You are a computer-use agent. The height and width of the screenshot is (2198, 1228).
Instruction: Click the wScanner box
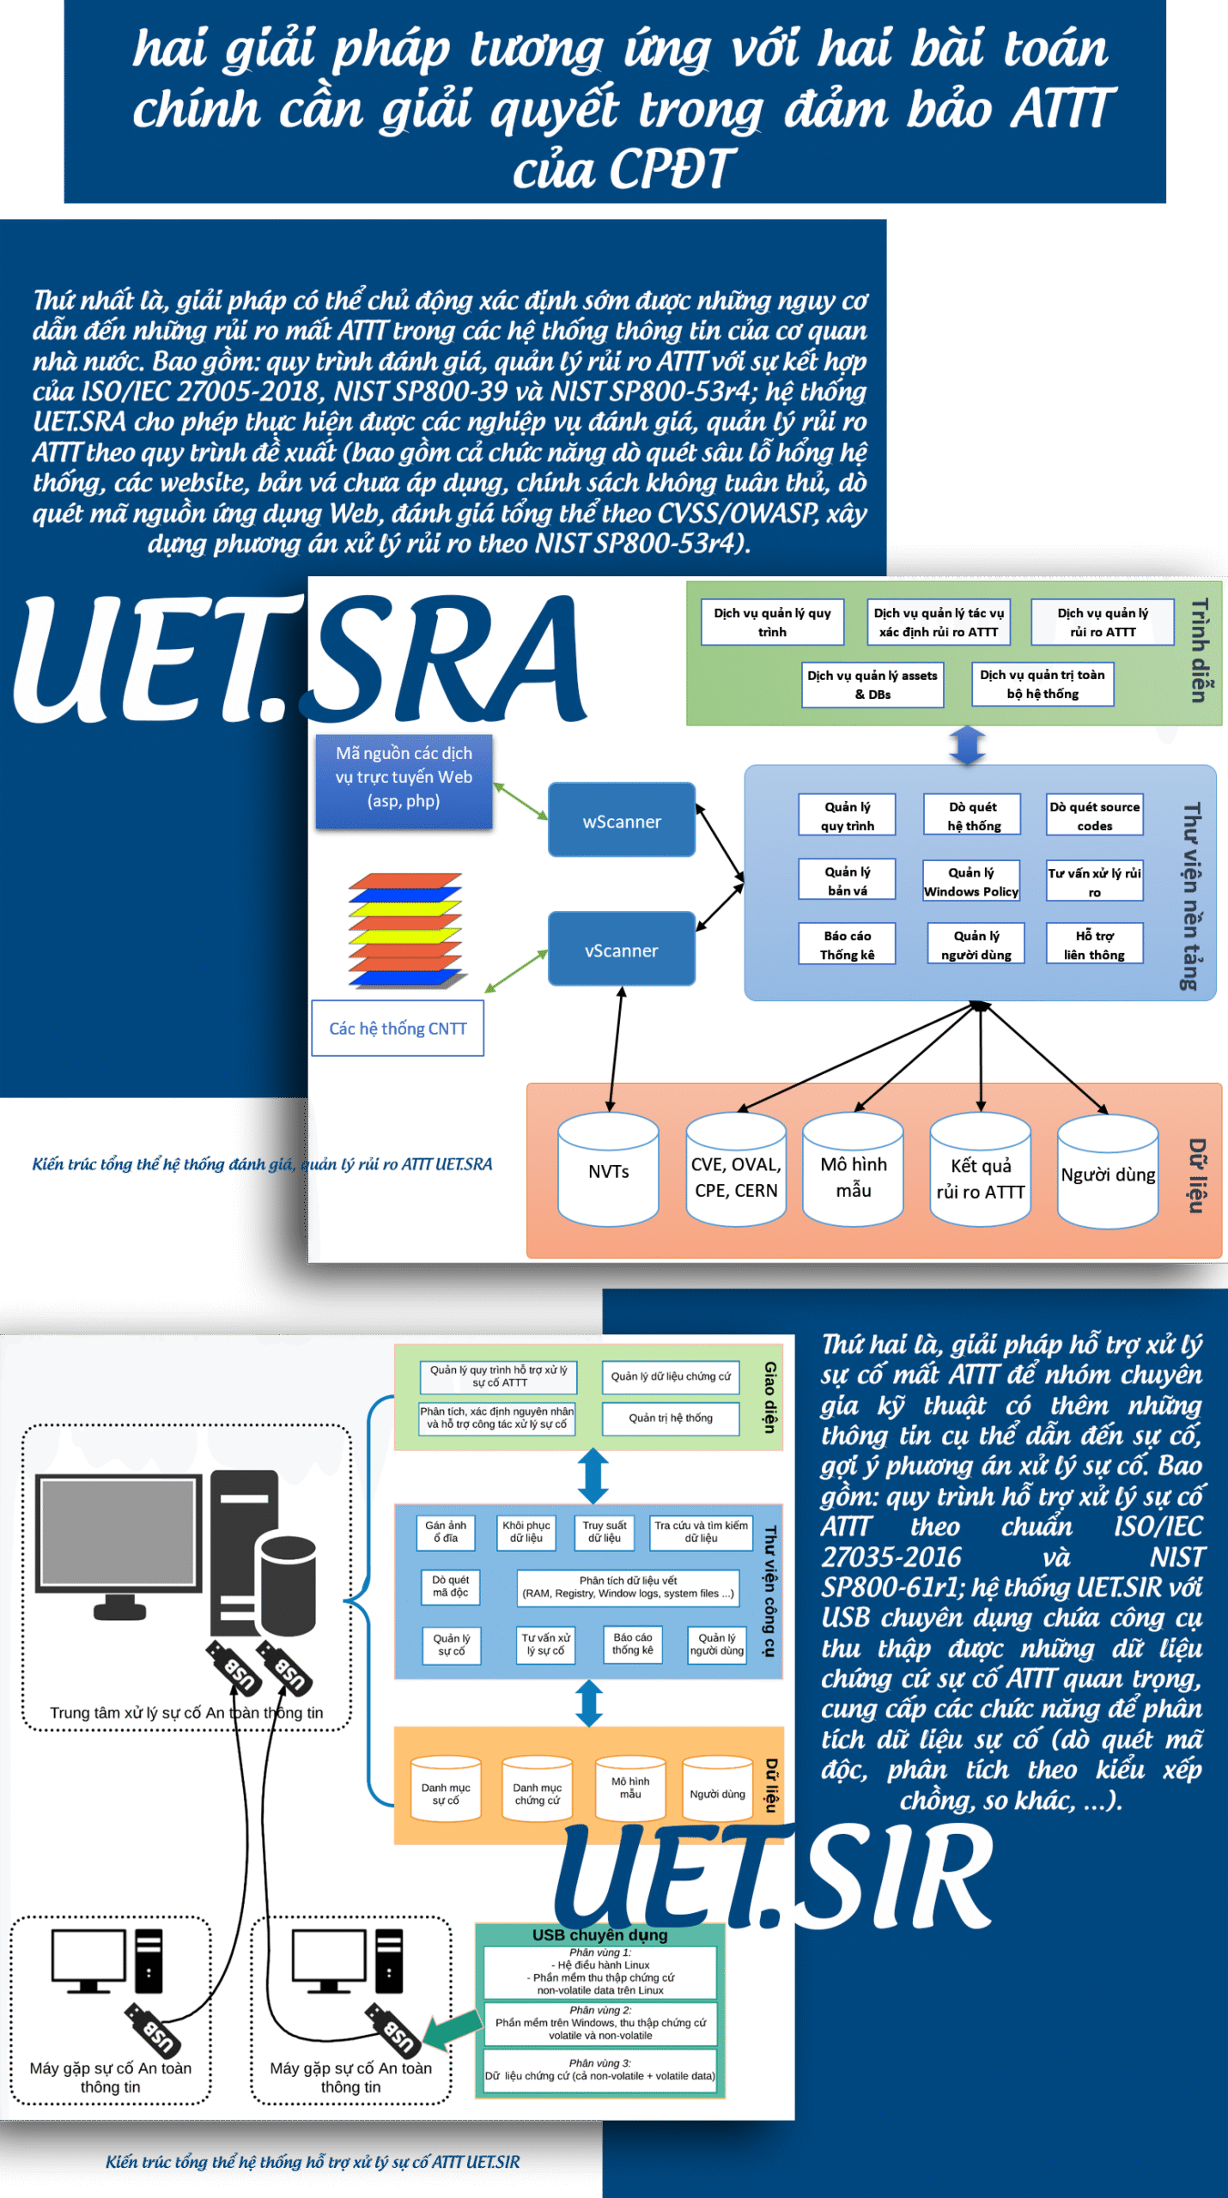[622, 820]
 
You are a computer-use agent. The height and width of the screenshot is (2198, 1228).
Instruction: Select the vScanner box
[622, 949]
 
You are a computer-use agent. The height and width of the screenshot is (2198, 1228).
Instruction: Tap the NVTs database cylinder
[608, 1169]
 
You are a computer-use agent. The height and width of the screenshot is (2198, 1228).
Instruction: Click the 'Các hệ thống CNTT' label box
[398, 1028]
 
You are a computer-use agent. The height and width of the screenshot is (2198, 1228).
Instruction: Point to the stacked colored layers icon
[405, 930]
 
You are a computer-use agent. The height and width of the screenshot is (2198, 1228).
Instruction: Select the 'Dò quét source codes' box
[1094, 815]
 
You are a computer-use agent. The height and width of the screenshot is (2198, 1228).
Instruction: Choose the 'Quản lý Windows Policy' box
[971, 881]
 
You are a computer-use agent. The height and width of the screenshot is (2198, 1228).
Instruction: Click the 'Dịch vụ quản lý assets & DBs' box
[872, 684]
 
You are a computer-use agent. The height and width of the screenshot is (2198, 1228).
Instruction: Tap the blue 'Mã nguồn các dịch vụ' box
[404, 777]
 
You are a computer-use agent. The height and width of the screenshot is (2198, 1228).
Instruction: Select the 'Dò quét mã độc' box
[451, 1586]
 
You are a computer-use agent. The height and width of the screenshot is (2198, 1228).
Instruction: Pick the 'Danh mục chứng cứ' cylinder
[537, 1790]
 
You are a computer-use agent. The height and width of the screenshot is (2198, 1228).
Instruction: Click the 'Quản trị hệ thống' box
[671, 1418]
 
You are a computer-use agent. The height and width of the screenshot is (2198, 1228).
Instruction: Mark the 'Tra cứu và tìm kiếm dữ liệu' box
[701, 1532]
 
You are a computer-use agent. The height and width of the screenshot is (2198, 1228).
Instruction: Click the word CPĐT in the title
[624, 169]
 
